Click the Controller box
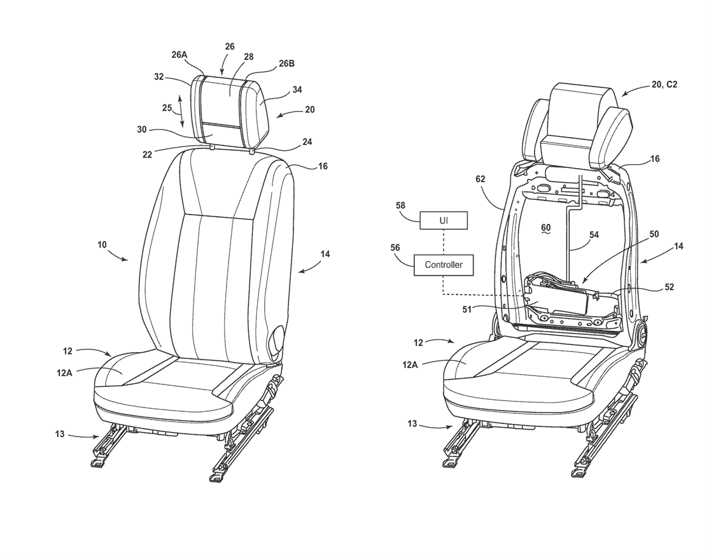click(444, 264)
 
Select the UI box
click(444, 221)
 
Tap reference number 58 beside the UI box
click(400, 206)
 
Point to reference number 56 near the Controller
click(395, 248)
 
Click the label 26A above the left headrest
click(179, 55)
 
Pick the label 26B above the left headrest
click(286, 64)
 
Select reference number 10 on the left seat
click(102, 244)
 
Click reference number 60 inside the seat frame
click(546, 227)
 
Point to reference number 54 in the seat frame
click(594, 235)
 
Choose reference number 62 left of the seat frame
click(481, 179)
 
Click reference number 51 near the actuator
click(467, 310)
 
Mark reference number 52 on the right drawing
click(669, 287)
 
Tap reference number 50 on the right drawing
click(654, 234)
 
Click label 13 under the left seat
click(60, 434)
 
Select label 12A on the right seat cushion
click(410, 364)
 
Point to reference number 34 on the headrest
click(297, 90)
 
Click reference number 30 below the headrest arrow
click(141, 129)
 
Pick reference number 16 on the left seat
click(323, 166)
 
